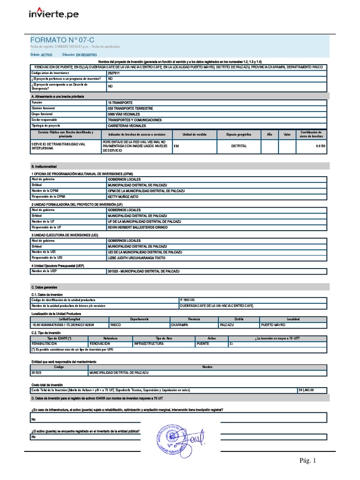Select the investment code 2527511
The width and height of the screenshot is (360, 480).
114,73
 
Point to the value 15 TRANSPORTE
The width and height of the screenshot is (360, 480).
120,102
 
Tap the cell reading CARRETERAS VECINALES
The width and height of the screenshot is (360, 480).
127,126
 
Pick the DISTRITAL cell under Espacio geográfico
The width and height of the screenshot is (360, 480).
239,146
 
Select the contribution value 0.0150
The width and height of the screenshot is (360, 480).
320,146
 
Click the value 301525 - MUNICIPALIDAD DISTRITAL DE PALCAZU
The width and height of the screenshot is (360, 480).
143,271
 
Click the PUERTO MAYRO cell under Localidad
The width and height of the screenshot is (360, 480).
273,324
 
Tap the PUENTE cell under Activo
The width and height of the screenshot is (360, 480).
203,344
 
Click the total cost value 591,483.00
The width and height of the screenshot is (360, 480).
306,390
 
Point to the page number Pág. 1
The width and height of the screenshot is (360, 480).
308,461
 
